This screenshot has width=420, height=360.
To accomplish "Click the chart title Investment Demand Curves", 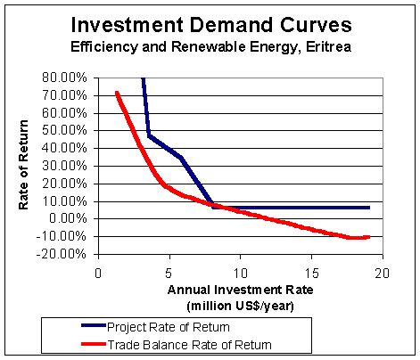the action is pyautogui.click(x=211, y=25).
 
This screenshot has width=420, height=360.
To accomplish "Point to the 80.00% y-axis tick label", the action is pyautogui.click(x=64, y=78).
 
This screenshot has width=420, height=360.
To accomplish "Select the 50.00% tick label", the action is pyautogui.click(x=64, y=130).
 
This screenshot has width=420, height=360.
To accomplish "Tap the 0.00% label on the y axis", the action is pyautogui.click(x=68, y=218).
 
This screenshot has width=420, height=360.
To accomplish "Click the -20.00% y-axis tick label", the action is pyautogui.click(x=62, y=254).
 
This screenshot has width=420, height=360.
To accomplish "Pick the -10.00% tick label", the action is pyautogui.click(x=62, y=236).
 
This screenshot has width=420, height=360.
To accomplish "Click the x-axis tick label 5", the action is pyautogui.click(x=169, y=274).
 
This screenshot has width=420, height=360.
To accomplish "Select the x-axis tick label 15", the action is pyautogui.click(x=312, y=274).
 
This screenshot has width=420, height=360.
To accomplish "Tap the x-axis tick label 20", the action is pyautogui.click(x=382, y=274).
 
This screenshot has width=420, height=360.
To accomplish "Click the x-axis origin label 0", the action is pyautogui.click(x=98, y=274).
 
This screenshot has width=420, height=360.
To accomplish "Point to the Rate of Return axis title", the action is pyautogui.click(x=23, y=165).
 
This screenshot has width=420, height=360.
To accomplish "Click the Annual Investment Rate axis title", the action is pyautogui.click(x=240, y=290).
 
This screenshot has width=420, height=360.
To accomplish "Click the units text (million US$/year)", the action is pyautogui.click(x=240, y=306).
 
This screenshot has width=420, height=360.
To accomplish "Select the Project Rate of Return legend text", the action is pyautogui.click(x=169, y=327).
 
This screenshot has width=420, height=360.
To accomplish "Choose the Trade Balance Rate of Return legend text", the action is pyautogui.click(x=189, y=345).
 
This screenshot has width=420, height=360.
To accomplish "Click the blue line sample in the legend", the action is pyautogui.click(x=94, y=326).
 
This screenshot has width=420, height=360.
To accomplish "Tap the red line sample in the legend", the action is pyautogui.click(x=94, y=344).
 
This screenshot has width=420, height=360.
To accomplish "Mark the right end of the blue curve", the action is pyautogui.click(x=369, y=208).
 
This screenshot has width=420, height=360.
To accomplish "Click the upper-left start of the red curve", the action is pyautogui.click(x=117, y=93).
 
